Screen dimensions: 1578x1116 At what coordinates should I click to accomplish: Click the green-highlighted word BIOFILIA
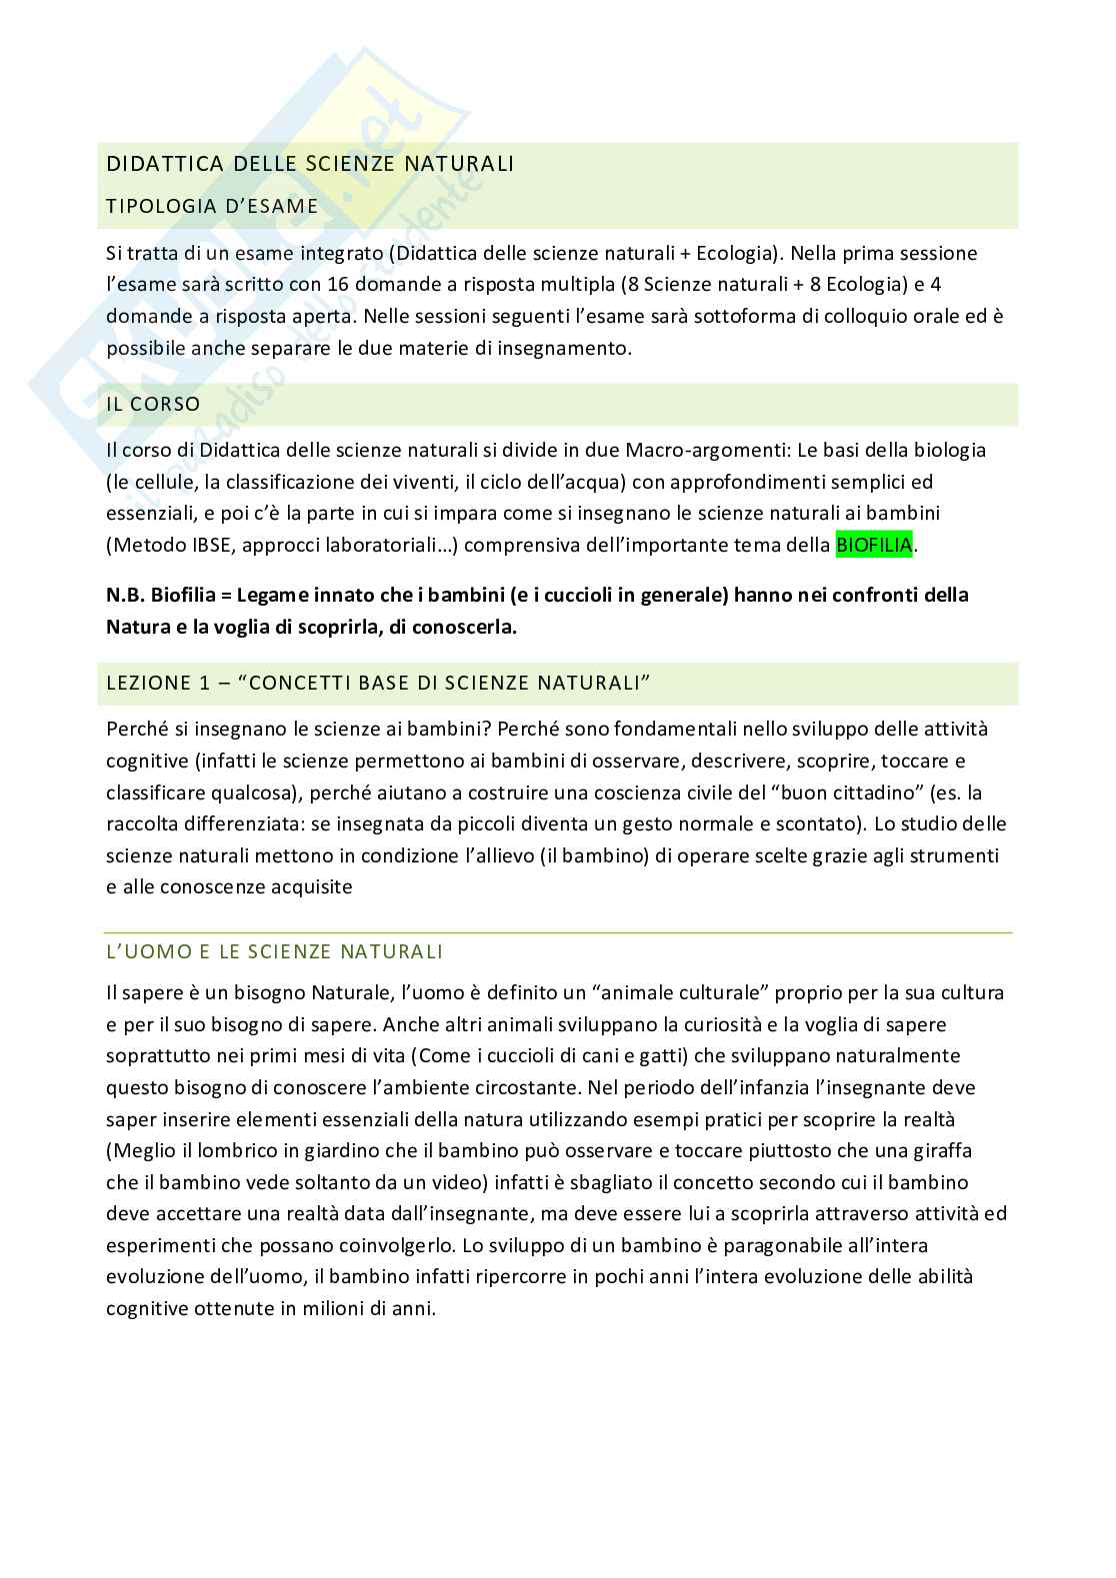874,546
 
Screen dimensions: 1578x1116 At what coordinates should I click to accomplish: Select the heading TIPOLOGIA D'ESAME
212,206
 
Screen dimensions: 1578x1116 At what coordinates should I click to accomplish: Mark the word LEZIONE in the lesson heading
148,684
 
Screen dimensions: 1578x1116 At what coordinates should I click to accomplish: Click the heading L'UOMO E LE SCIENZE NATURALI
275,951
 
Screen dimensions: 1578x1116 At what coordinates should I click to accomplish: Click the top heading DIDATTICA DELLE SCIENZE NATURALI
310,163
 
